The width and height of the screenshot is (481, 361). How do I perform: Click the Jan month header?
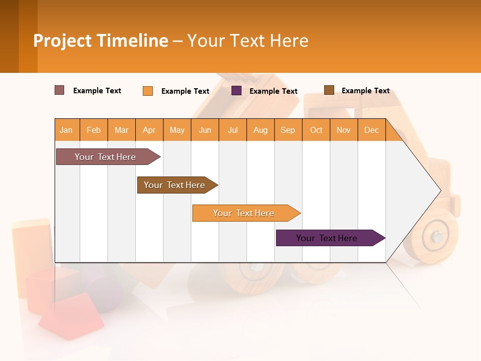tap(67, 130)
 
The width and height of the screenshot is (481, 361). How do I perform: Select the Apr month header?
tap(149, 130)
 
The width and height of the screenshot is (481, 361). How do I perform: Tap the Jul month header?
tap(232, 130)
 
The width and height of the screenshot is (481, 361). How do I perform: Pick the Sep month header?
tap(288, 130)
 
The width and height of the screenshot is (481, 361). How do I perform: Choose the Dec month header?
tap(371, 130)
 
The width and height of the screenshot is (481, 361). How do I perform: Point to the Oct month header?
tap(316, 130)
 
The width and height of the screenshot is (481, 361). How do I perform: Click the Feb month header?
tap(94, 130)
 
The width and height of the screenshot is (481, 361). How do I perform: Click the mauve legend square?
tap(59, 90)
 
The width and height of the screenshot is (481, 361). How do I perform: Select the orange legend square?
tap(148, 91)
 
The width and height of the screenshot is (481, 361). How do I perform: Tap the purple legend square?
tap(236, 91)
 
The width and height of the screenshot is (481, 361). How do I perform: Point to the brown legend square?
tap(329, 90)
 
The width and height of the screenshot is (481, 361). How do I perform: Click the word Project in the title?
tap(62, 41)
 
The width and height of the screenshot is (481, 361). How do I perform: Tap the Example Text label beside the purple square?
tap(274, 91)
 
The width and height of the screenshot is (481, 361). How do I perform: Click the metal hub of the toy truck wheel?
tap(438, 236)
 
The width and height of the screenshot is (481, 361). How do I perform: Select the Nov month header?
tap(344, 130)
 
